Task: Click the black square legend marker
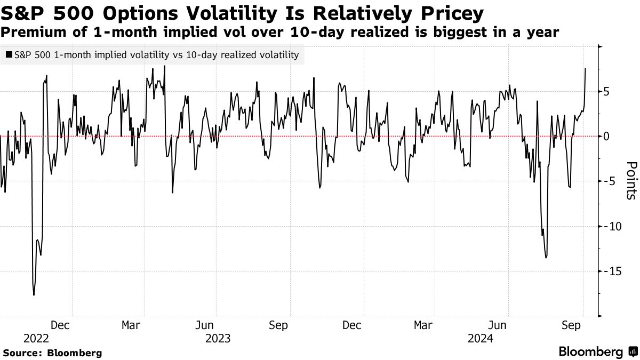9,54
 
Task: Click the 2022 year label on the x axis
36,339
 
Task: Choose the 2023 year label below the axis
218,339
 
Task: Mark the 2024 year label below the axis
479,339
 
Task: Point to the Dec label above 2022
60,325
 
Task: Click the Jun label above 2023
205,325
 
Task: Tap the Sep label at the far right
572,325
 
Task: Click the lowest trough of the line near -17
34,295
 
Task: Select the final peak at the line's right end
586,68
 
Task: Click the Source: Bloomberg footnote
52,353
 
